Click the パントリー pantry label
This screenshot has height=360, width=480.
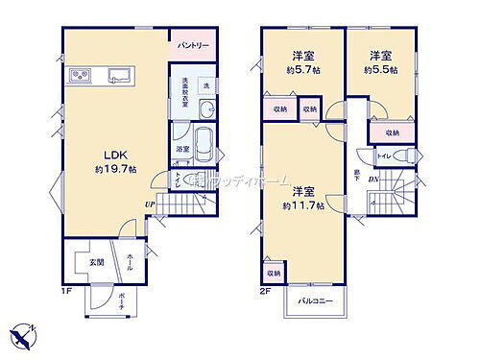(x=192, y=45)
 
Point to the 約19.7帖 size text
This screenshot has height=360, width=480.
(x=114, y=169)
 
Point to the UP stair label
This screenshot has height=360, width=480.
(x=150, y=204)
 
